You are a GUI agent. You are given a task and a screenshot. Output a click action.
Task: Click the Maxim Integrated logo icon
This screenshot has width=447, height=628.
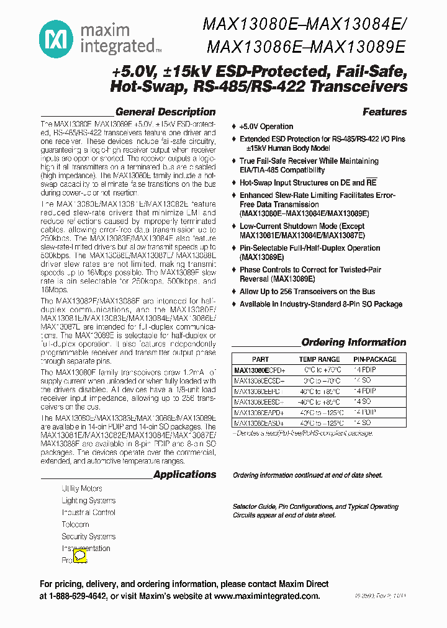(x=56, y=38)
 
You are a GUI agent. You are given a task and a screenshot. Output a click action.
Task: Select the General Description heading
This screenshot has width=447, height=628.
(x=165, y=112)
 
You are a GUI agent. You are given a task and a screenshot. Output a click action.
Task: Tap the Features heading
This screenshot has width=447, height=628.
(x=384, y=112)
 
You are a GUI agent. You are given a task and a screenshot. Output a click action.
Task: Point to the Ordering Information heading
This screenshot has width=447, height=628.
(x=353, y=343)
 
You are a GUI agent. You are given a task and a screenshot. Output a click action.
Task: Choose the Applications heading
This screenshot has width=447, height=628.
(x=184, y=475)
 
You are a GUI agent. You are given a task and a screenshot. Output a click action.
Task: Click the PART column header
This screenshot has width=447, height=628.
(x=260, y=359)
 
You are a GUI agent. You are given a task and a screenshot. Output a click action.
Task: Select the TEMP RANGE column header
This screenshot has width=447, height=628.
(x=319, y=359)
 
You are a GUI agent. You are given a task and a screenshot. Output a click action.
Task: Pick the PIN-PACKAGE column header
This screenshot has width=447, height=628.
(x=374, y=359)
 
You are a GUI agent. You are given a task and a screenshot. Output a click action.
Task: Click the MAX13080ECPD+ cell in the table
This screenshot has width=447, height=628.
(x=259, y=370)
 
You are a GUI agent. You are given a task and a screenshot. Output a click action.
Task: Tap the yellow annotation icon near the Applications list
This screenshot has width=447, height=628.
(x=80, y=556)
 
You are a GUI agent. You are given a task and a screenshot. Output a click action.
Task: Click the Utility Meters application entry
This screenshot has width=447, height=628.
(x=82, y=489)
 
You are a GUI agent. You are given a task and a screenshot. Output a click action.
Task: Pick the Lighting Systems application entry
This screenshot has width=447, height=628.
(x=88, y=501)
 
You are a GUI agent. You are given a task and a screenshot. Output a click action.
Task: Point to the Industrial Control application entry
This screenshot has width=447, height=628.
(x=88, y=513)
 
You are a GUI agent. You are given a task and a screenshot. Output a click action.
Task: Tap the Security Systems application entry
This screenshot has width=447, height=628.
(x=88, y=536)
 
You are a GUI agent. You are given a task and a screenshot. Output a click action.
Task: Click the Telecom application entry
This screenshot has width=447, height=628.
(x=75, y=524)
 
